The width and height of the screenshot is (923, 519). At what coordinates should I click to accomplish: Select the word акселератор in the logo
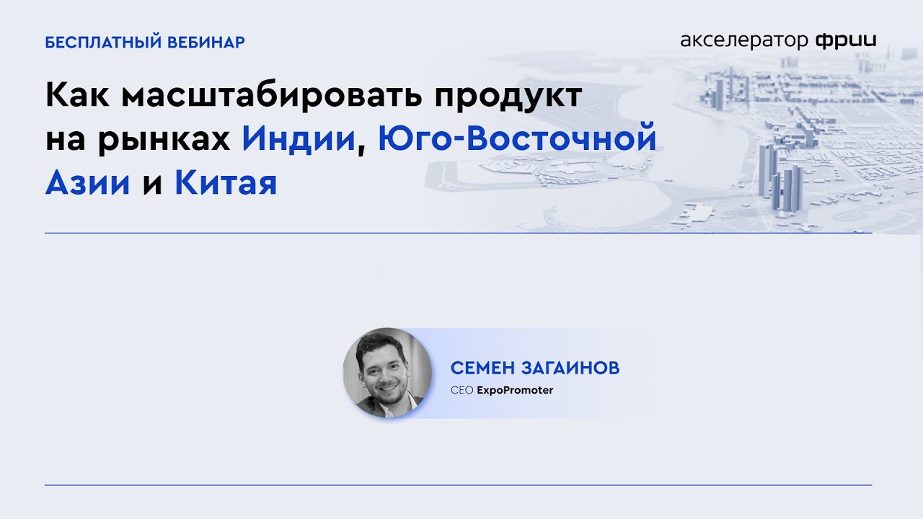pos(744,40)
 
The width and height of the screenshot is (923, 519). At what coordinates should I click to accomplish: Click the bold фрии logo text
pos(846,40)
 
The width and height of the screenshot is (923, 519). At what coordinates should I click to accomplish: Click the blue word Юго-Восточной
pos(517,138)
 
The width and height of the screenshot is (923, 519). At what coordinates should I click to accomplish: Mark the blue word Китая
pos(226,183)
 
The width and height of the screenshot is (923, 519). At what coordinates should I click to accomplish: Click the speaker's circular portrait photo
pos(387,373)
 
